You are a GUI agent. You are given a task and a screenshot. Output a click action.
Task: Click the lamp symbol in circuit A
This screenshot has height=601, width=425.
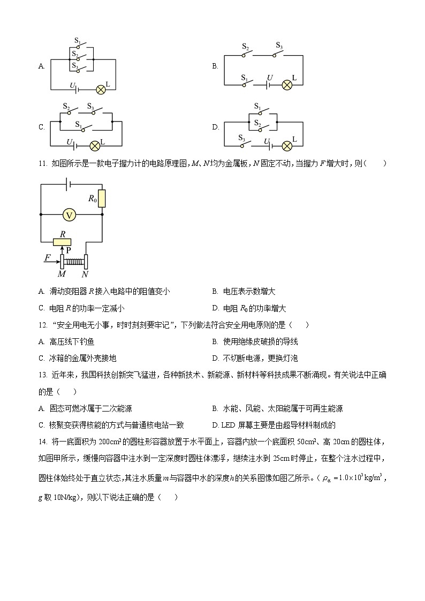100,89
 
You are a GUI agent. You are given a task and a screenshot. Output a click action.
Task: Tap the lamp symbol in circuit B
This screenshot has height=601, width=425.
287,85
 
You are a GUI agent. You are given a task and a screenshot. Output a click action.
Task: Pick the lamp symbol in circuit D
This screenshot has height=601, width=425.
287,145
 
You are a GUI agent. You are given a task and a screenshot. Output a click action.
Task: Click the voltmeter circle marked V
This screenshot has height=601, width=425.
69,215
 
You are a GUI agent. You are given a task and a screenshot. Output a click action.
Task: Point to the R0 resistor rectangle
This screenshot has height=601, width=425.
102,198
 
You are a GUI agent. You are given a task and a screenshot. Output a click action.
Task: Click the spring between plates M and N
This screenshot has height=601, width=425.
74,262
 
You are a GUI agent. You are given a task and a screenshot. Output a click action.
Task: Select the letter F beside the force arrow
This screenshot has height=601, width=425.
48,258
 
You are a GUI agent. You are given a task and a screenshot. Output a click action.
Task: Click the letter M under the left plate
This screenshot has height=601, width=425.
62,274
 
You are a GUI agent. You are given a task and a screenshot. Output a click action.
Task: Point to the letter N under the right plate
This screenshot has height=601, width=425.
85,274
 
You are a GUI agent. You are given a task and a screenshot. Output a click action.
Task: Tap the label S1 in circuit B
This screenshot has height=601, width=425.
244,78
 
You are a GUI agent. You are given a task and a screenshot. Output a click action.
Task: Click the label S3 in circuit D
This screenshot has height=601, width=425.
241,138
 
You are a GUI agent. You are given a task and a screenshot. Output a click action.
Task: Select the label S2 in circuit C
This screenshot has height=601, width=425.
66,106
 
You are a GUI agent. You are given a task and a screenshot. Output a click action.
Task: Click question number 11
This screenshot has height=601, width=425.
43,163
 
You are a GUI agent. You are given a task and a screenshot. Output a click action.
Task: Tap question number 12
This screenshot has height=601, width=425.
43,325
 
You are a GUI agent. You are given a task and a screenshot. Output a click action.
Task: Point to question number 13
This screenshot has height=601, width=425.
43,375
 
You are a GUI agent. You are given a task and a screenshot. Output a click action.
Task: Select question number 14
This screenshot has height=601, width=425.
43,442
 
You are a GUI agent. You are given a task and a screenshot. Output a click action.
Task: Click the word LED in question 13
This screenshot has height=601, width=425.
227,425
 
